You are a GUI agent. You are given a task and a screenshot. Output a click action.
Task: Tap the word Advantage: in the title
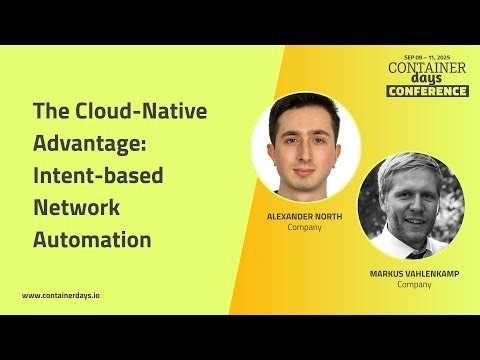[91, 143]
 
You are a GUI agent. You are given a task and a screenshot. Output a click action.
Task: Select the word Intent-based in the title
[98, 175]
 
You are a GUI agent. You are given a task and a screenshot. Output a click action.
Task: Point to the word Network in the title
[77, 207]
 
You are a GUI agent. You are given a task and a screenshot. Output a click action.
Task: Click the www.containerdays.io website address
[67, 295]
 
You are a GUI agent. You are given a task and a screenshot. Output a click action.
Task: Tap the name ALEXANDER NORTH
[304, 215]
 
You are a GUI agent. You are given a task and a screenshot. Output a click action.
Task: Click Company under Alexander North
[304, 227]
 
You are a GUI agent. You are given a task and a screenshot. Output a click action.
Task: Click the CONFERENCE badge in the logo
[427, 91]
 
